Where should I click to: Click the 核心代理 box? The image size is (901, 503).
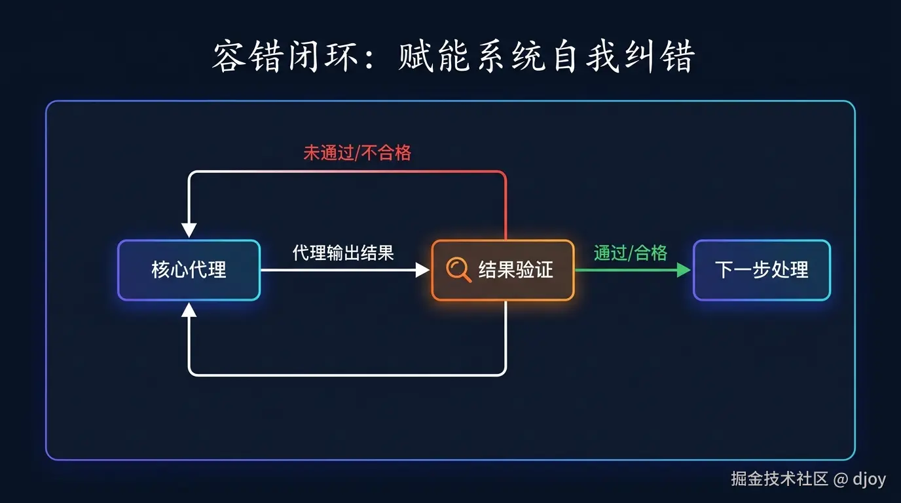[189, 270]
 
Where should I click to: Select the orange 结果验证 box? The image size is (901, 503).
[503, 270]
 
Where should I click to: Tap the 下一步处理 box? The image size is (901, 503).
[762, 270]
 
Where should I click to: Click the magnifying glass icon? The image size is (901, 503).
[458, 270]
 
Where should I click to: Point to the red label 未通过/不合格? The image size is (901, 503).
[357, 153]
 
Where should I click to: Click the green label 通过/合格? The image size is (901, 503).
[630, 253]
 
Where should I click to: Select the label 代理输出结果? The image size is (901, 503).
[343, 253]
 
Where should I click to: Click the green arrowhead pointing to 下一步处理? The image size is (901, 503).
[684, 270]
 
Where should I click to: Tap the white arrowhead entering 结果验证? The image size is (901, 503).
[422, 270]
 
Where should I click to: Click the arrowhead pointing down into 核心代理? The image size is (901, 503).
[189, 230]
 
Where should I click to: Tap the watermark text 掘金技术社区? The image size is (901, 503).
[779, 479]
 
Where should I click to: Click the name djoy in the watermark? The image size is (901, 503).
[870, 479]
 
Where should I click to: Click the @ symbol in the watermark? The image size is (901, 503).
[841, 479]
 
